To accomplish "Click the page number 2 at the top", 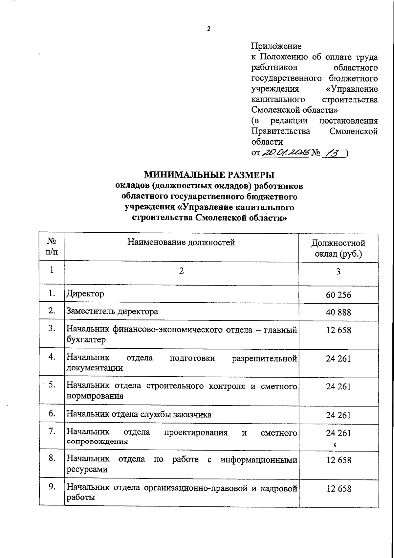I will (x=208, y=29).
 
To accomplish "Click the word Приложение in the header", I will (x=276, y=46).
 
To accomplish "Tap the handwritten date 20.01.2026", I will (x=286, y=153).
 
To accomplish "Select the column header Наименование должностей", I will (x=181, y=243).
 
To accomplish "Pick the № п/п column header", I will (x=52, y=247).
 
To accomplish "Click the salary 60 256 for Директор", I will (x=338, y=295).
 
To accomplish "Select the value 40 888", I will (x=338, y=312).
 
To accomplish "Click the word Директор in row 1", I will (x=85, y=293).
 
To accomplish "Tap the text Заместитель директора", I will (x=112, y=311).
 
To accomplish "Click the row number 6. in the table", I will (x=52, y=413).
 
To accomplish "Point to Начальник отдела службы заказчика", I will (x=139, y=414).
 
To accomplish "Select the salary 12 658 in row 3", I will (x=338, y=330).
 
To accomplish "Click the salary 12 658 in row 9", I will (x=339, y=489).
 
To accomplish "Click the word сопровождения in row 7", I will (x=97, y=442).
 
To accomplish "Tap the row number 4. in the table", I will (x=52, y=357).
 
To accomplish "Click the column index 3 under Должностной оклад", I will (x=338, y=271).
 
